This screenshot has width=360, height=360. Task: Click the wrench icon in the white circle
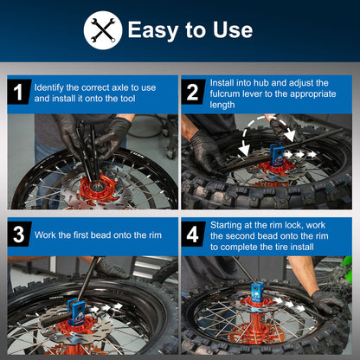102,30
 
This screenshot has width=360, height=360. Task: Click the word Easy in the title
154,30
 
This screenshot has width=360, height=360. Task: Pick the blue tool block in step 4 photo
257,292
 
